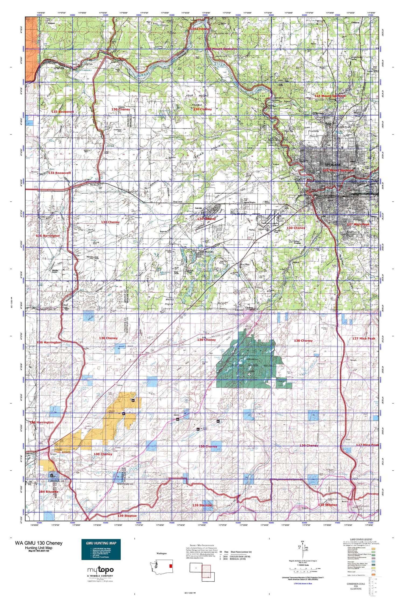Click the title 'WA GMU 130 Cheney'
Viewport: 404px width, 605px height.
(x=39, y=543)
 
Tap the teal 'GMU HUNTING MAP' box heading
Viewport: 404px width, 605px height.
(x=101, y=543)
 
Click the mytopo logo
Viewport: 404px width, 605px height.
(x=100, y=570)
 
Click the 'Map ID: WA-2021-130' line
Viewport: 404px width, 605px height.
(x=39, y=551)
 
